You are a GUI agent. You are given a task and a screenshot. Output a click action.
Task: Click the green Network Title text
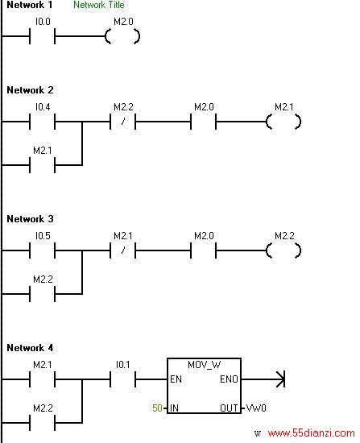pyautogui.click(x=98, y=5)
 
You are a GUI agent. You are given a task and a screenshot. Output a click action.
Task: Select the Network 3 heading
pyautogui.click(x=30, y=218)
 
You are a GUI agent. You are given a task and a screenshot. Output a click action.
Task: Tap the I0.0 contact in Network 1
pyautogui.click(x=43, y=36)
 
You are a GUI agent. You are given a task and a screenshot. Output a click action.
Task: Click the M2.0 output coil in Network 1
pyautogui.click(x=122, y=36)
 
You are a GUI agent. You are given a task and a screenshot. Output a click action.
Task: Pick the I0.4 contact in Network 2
pyautogui.click(x=43, y=122)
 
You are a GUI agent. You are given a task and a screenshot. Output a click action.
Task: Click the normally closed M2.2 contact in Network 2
pyautogui.click(x=123, y=122)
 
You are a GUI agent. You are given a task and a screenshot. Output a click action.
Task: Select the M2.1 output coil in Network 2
pyautogui.click(x=283, y=122)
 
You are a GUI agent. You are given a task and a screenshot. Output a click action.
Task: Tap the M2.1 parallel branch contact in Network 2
pyautogui.click(x=43, y=165)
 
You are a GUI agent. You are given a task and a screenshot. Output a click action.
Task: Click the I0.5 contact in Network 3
pyautogui.click(x=43, y=250)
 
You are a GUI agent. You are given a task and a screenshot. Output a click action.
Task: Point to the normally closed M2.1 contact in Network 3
pyautogui.click(x=123, y=250)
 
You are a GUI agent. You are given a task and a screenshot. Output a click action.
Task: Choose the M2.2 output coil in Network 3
pyautogui.click(x=283, y=250)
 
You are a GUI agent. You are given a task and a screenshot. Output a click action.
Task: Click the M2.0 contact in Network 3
pyautogui.click(x=204, y=250)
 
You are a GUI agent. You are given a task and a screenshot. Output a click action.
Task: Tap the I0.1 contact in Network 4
pyautogui.click(x=123, y=379)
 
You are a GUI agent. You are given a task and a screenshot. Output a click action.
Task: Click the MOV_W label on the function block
pyautogui.click(x=204, y=365)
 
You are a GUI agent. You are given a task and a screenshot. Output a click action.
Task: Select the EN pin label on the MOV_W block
pyautogui.click(x=176, y=379)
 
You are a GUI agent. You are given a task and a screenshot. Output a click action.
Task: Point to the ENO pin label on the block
pyautogui.click(x=229, y=379)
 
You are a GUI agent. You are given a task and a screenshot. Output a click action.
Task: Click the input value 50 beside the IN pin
pyautogui.click(x=157, y=408)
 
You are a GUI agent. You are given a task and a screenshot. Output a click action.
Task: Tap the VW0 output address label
pyautogui.click(x=256, y=408)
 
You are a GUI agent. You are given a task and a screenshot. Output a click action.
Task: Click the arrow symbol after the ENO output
pyautogui.click(x=280, y=379)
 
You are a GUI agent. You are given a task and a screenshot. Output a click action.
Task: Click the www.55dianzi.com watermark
pyautogui.click(x=311, y=433)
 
